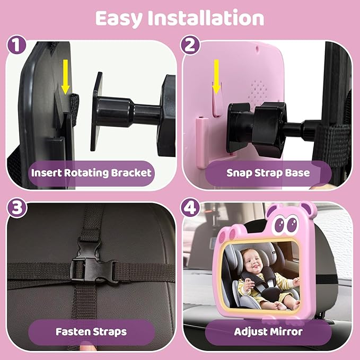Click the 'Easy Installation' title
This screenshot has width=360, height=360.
tap(179, 18)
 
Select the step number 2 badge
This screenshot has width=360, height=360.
tap(189, 45)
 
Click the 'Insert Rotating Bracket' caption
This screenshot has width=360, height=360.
tap(91, 172)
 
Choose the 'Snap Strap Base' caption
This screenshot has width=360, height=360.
tap(268, 172)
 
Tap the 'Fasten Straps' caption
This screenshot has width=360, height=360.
tap(91, 332)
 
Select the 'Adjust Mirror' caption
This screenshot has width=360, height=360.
tap(268, 332)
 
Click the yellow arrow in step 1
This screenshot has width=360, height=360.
tap(65, 74)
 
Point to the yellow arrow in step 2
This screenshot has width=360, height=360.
tap(216, 75)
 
